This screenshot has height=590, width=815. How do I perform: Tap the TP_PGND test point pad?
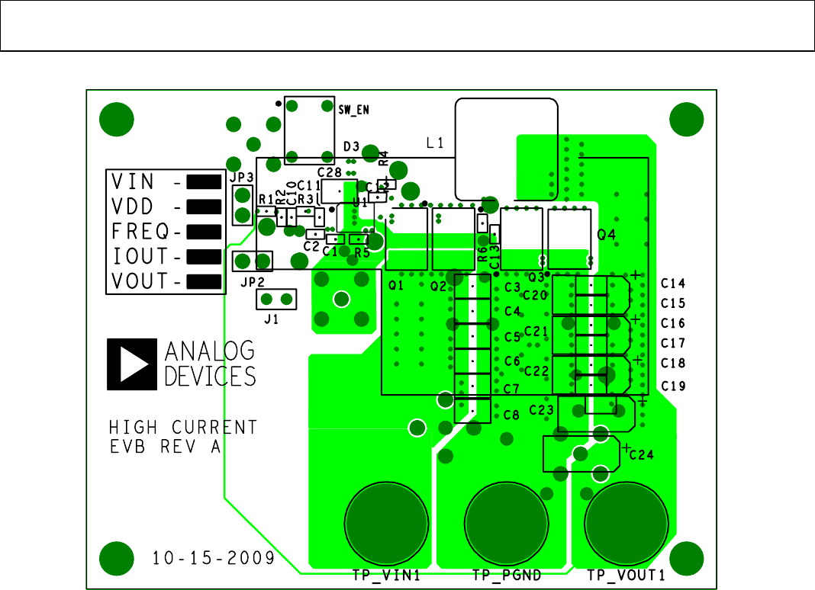pyautogui.click(x=507, y=523)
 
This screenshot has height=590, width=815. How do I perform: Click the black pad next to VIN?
pyautogui.click(x=203, y=181)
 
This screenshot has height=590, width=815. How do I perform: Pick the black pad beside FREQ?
pyautogui.click(x=203, y=231)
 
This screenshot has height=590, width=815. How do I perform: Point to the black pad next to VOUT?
pyautogui.click(x=203, y=281)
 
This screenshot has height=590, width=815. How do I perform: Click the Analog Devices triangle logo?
pyautogui.click(x=133, y=362)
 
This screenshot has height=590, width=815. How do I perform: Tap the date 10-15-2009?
pyautogui.click(x=213, y=558)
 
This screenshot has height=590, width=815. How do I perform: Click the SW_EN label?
pyautogui.click(x=354, y=110)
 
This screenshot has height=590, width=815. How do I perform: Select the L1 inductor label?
pyautogui.click(x=436, y=143)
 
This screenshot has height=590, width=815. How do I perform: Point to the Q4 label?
pyautogui.click(x=607, y=236)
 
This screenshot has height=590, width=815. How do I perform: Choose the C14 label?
pyautogui.click(x=673, y=283)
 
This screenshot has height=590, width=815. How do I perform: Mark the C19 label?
pyautogui.click(x=673, y=386)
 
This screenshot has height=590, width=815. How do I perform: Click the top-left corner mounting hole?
pyautogui.click(x=117, y=119)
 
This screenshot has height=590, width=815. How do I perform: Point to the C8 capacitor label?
pyautogui.click(x=512, y=415)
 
